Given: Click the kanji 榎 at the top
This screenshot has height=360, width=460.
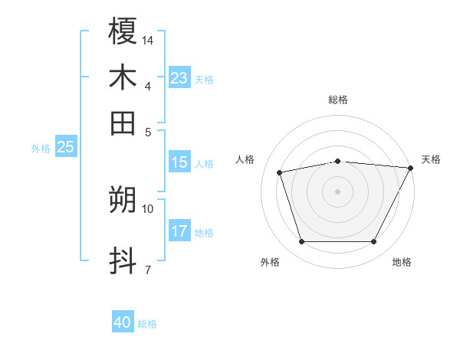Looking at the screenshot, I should click(x=123, y=31).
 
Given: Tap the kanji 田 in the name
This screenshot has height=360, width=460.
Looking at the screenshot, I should click(x=123, y=123).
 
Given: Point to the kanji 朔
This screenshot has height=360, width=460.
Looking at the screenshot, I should click(x=123, y=200).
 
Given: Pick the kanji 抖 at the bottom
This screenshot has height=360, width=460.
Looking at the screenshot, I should click(x=123, y=261).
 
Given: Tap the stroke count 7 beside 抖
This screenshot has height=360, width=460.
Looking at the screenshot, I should click(x=147, y=270).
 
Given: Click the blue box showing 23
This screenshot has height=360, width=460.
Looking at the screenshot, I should click(x=179, y=78).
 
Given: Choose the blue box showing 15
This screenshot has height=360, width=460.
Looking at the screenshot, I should click(x=179, y=162).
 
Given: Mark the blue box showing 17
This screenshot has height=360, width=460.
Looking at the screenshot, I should click(x=179, y=231).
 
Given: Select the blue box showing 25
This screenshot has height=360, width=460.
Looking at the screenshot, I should click(x=65, y=147).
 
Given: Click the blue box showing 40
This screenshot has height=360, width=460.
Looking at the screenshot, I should click(x=123, y=322).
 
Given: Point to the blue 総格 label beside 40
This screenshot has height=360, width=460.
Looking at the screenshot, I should click(x=147, y=324).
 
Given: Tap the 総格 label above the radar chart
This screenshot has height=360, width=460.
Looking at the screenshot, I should click(x=337, y=100).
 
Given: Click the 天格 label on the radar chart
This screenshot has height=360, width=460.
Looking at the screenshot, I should click(x=431, y=159).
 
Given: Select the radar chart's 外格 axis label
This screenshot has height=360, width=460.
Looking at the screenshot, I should click(x=270, y=262).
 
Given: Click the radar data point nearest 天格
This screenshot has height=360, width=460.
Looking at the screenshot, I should click(x=410, y=168).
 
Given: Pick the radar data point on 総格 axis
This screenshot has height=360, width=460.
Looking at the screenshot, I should click(x=337, y=161).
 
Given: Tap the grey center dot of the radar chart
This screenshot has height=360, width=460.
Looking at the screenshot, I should click(x=337, y=191).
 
